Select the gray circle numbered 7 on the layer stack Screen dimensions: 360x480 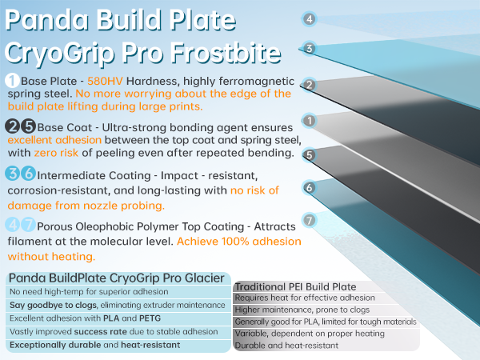tap(309, 219)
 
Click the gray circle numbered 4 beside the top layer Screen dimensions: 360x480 tap(309, 19)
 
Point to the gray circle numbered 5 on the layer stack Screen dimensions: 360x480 tap(309, 154)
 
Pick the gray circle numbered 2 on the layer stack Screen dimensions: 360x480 tap(309, 84)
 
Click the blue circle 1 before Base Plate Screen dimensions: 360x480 tap(12, 82)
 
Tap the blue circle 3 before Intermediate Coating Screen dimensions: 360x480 tap(12, 174)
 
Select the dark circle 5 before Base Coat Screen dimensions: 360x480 tap(27, 126)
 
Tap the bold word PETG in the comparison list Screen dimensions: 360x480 tap(148, 318)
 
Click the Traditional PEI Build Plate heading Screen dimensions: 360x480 tap(294, 286)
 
